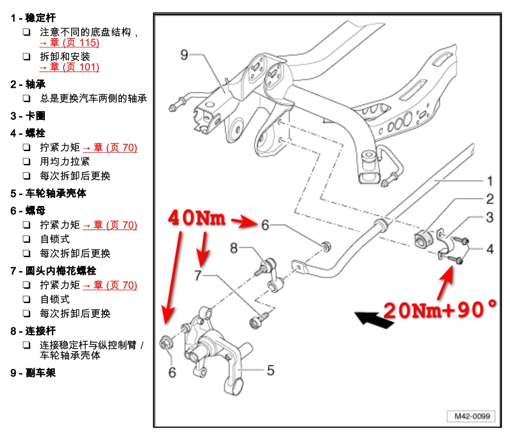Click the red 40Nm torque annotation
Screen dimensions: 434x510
[197, 218]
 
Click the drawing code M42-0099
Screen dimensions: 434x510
[471, 416]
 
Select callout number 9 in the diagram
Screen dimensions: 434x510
[184, 54]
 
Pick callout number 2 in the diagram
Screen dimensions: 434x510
[489, 198]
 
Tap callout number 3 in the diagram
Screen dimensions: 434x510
[489, 217]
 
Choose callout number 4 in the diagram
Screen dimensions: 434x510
[489, 249]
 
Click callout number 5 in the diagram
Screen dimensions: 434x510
[270, 370]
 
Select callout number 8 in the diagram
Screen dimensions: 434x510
[234, 247]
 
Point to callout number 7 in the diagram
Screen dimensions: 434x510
[198, 275]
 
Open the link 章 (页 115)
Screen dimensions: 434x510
[70, 43]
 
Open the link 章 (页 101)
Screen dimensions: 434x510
[70, 67]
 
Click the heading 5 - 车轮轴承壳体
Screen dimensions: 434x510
[48, 193]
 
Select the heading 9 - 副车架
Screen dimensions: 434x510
[33, 373]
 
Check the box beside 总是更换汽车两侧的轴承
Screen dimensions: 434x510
[27, 99]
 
